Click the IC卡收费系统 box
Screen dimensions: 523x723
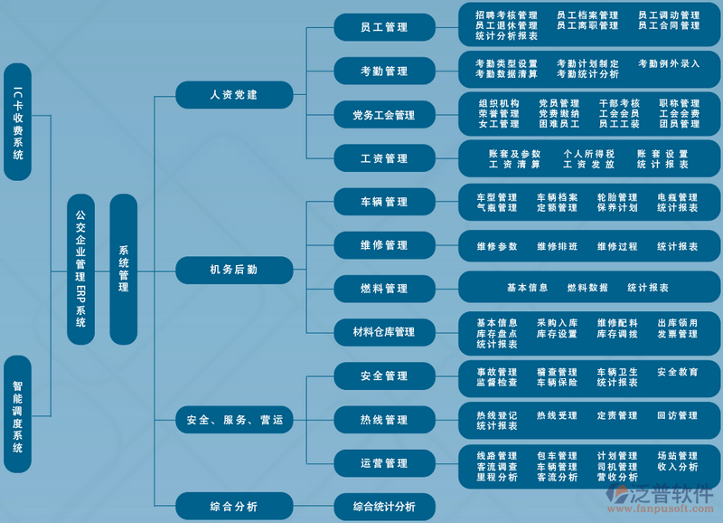(x=18, y=122)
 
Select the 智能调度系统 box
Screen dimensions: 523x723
(x=18, y=414)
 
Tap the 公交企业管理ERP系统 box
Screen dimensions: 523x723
(x=80, y=269)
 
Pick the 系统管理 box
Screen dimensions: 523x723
(x=123, y=269)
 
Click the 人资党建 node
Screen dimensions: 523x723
(x=234, y=94)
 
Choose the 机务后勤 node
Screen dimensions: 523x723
(x=234, y=269)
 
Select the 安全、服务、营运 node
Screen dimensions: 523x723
(x=234, y=420)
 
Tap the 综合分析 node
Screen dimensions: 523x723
(x=234, y=506)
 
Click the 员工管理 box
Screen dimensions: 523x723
(x=384, y=27)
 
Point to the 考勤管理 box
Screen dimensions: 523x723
(x=384, y=71)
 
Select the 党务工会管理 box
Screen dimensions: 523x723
(x=384, y=115)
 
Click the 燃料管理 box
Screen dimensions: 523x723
(x=384, y=289)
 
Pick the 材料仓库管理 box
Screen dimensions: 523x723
(x=384, y=332)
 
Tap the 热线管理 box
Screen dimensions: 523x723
(x=384, y=420)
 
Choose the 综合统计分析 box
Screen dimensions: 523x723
(x=384, y=507)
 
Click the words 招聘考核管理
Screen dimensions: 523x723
(x=506, y=15)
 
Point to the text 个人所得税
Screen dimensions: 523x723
(x=588, y=154)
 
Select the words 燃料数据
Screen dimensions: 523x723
(x=587, y=288)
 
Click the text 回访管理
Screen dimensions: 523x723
(x=677, y=415)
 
